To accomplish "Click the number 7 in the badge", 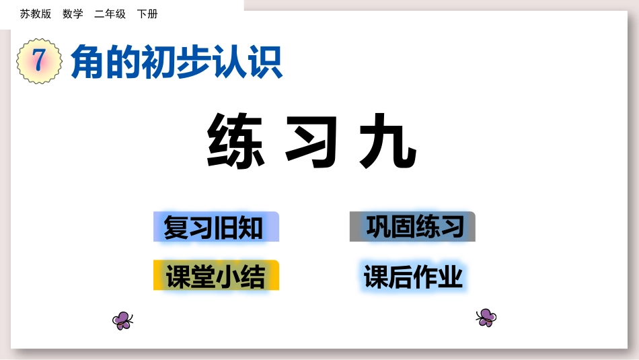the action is pyautogui.click(x=39, y=61).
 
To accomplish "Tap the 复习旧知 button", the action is pyautogui.click(x=216, y=227).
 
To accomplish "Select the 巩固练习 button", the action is pyautogui.click(x=412, y=226).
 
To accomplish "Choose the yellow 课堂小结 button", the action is pyautogui.click(x=216, y=275).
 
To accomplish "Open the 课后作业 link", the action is pyautogui.click(x=413, y=277).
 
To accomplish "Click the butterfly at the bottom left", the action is pyautogui.click(x=122, y=321).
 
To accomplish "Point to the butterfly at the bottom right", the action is pyautogui.click(x=486, y=317).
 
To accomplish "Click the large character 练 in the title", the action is pyautogui.click(x=236, y=140).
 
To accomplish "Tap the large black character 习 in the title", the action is pyautogui.click(x=311, y=141).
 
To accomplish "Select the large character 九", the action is pyautogui.click(x=387, y=141).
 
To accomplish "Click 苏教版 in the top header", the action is pyautogui.click(x=36, y=14).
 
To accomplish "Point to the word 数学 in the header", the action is pyautogui.click(x=73, y=14).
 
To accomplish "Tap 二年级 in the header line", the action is pyautogui.click(x=110, y=14).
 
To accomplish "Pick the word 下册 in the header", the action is pyautogui.click(x=147, y=14).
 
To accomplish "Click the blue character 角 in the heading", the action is pyautogui.click(x=87, y=61).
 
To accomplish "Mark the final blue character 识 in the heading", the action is pyautogui.click(x=265, y=61).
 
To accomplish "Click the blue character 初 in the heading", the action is pyautogui.click(x=159, y=61).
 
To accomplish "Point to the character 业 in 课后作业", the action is pyautogui.click(x=451, y=277).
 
